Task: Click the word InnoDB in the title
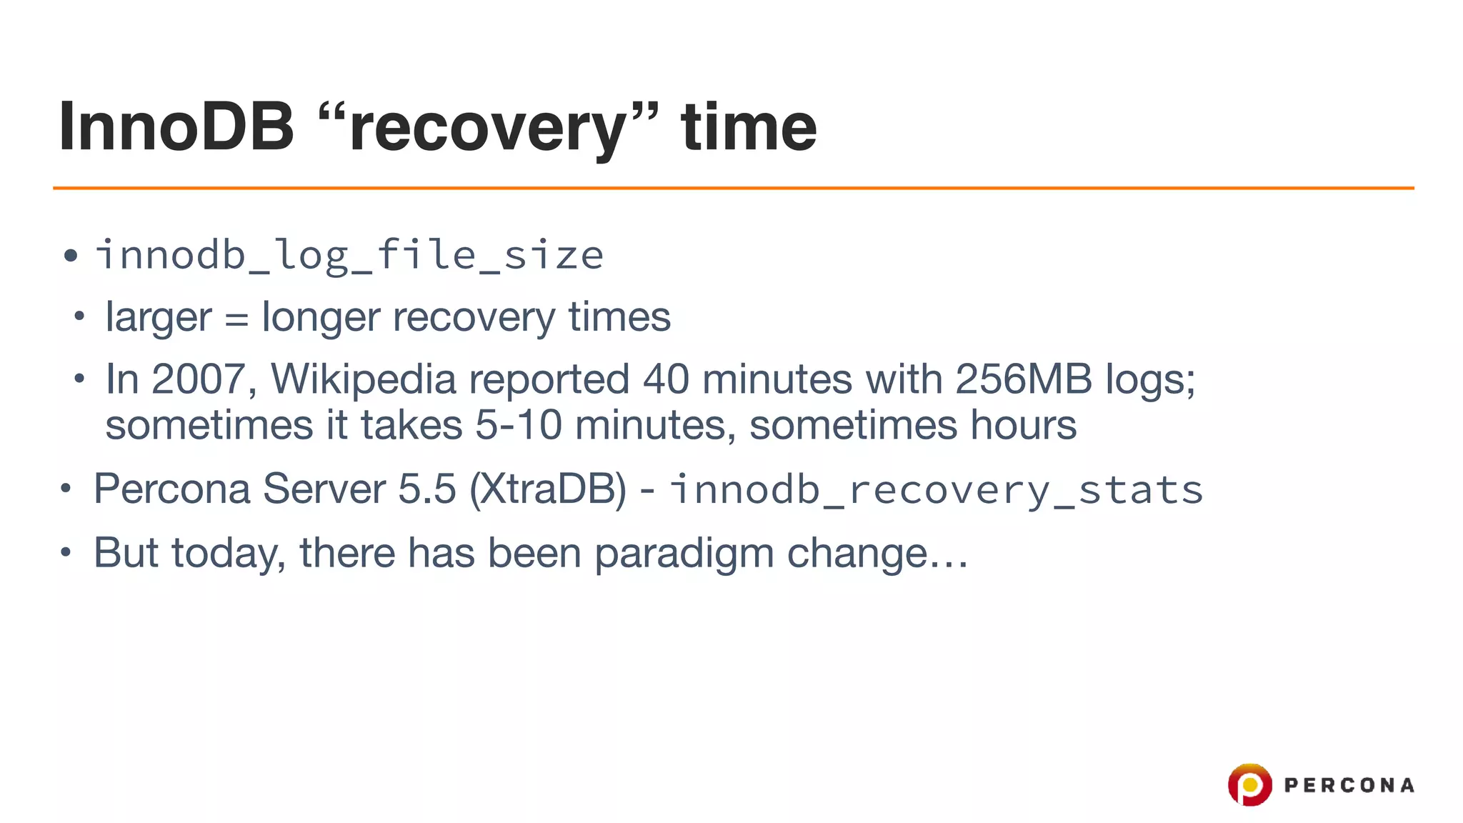pyautogui.click(x=176, y=127)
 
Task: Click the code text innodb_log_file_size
pyautogui.click(x=349, y=255)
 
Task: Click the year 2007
pyautogui.click(x=198, y=379)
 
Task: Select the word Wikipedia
pyautogui.click(x=363, y=379)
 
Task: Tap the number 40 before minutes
pyautogui.click(x=666, y=379)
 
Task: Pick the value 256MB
pyautogui.click(x=1023, y=379)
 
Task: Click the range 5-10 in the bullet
pyautogui.click(x=519, y=425)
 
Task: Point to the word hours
pyautogui.click(x=1022, y=425)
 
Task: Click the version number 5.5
pyautogui.click(x=426, y=489)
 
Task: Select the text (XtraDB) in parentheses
pyautogui.click(x=548, y=489)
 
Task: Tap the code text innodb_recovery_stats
pyautogui.click(x=937, y=490)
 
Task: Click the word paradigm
pyautogui.click(x=684, y=553)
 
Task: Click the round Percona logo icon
pyautogui.click(x=1249, y=784)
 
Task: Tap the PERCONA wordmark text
pyautogui.click(x=1349, y=785)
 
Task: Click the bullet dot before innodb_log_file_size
pyautogui.click(x=70, y=256)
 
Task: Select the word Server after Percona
pyautogui.click(x=324, y=489)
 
